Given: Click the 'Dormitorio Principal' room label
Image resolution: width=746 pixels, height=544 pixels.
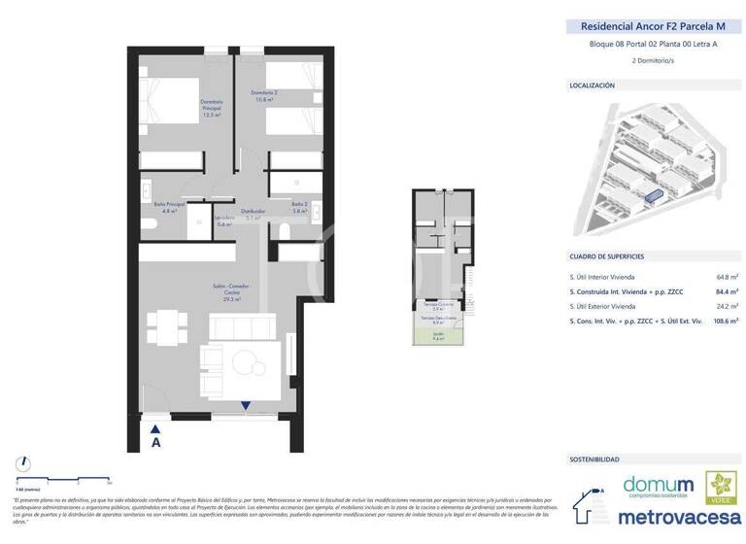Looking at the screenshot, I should click(212, 107).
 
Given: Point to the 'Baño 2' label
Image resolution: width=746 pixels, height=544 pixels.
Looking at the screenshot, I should click(300, 206).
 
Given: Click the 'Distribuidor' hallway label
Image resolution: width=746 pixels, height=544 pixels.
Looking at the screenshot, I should click(254, 213).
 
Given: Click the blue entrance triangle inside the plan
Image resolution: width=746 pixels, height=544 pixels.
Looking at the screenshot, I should click(246, 407).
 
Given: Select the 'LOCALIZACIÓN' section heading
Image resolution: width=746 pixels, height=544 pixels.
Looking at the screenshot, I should click(593, 85).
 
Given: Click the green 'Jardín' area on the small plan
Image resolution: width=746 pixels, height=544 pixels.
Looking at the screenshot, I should click(437, 337).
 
